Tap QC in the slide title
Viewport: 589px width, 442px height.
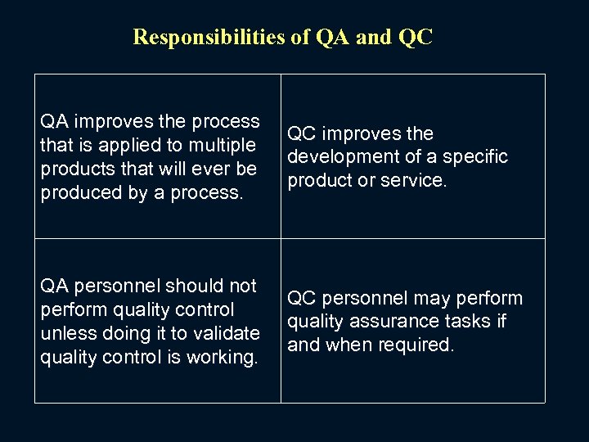(x=417, y=37)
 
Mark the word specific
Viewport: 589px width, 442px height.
(x=474, y=156)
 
